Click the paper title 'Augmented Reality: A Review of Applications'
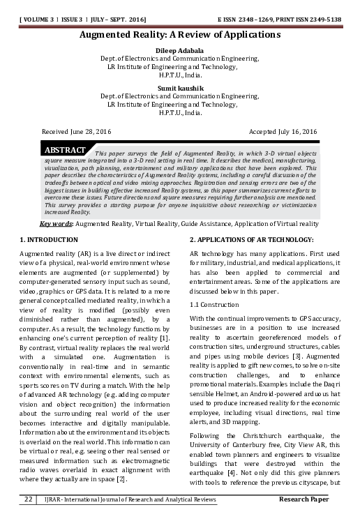click(x=180, y=33)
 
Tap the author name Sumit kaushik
click(x=180, y=88)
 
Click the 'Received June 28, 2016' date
click(x=77, y=131)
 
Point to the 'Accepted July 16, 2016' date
click(x=283, y=131)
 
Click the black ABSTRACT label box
click(x=64, y=150)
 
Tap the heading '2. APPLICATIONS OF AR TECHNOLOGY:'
click(x=251, y=240)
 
